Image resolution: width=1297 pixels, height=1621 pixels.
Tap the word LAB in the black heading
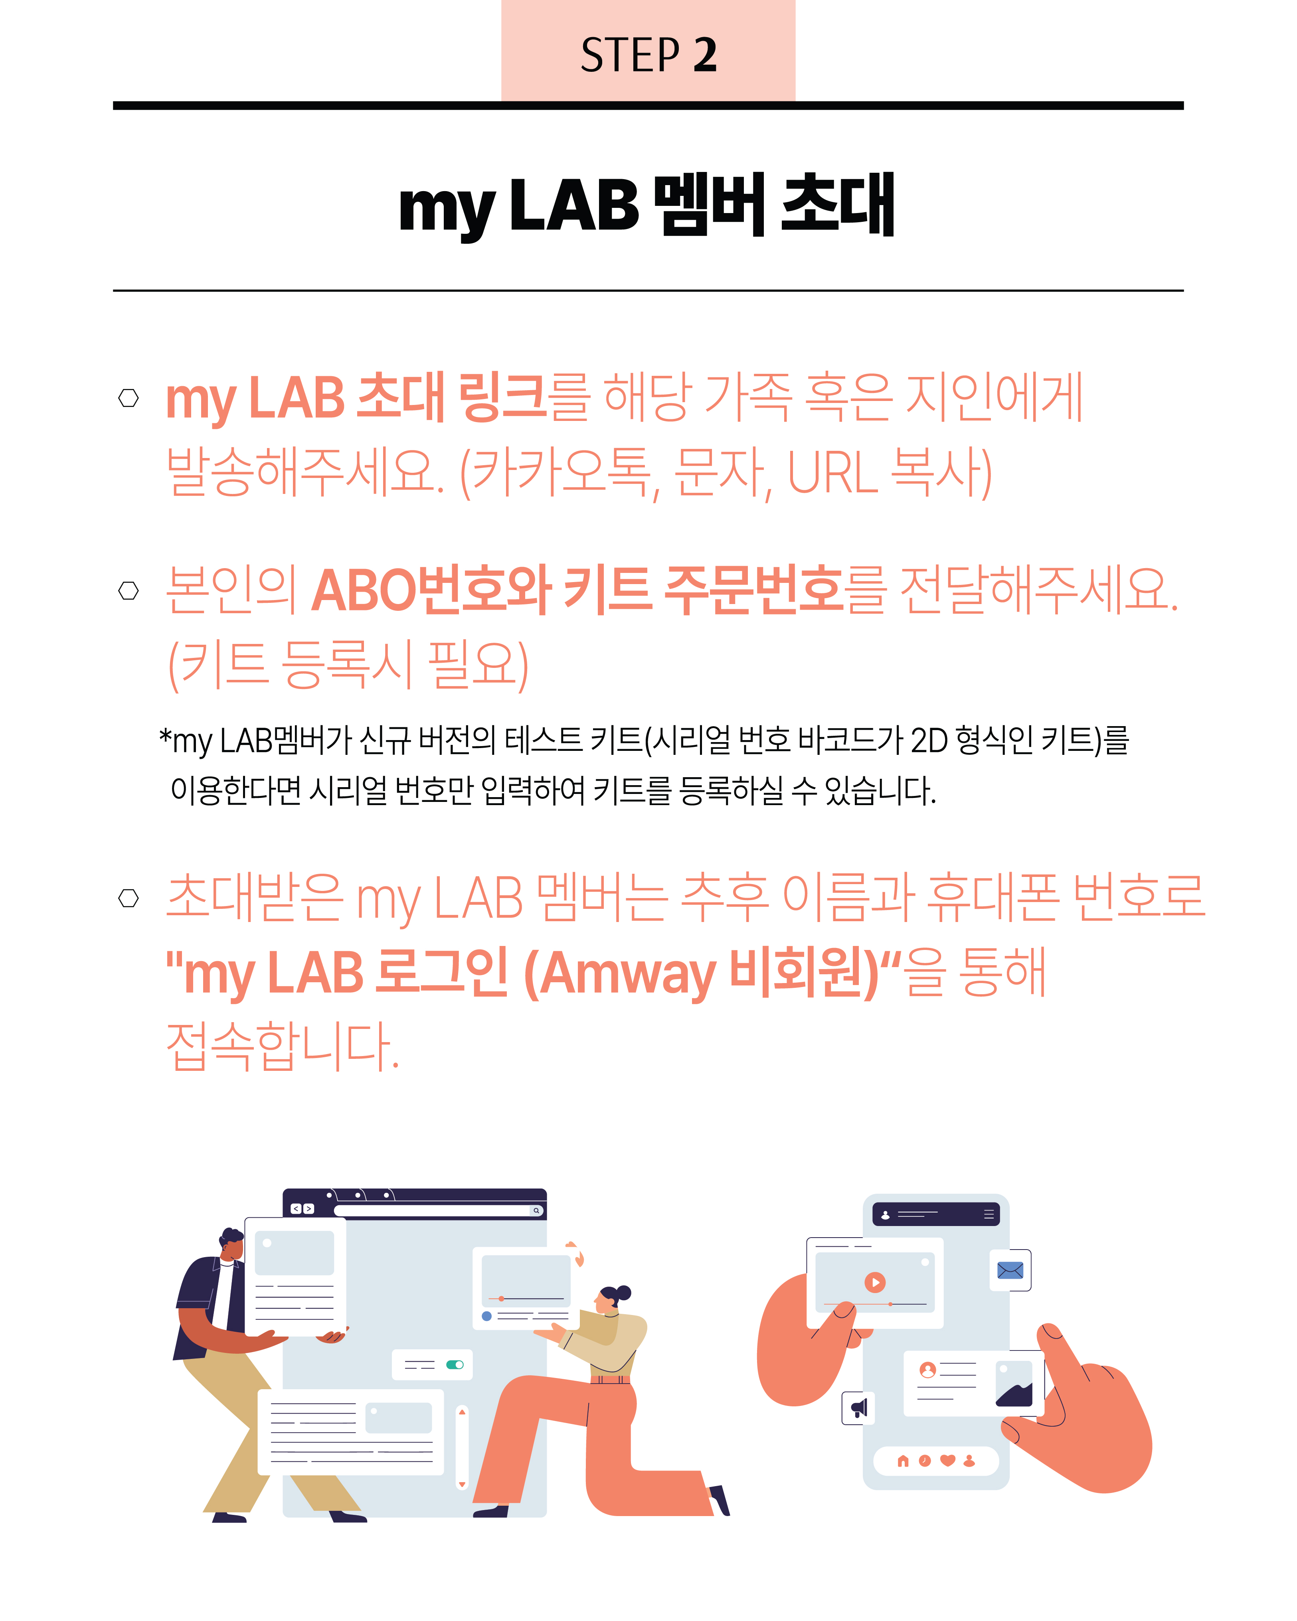[x=574, y=205]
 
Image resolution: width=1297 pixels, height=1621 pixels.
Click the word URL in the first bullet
[x=832, y=473]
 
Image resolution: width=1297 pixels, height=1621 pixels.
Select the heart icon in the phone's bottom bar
[x=947, y=1460]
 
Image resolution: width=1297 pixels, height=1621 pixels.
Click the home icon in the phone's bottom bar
[x=903, y=1460]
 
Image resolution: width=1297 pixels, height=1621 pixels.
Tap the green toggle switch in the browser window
[x=455, y=1364]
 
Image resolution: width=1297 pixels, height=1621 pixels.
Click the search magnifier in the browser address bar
[x=536, y=1210]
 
